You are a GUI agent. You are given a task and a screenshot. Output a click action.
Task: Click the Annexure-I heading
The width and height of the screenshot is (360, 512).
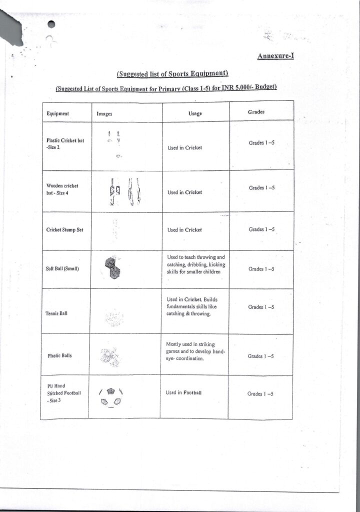click(x=275, y=56)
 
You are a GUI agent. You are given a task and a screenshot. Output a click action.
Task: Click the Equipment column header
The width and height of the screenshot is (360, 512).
click(x=57, y=113)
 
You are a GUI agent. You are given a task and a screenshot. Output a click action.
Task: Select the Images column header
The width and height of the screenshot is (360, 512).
click(x=104, y=114)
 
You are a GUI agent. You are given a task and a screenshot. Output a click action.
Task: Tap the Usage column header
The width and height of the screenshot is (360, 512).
click(x=195, y=113)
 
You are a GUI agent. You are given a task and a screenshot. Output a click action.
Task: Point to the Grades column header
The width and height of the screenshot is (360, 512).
click(x=256, y=112)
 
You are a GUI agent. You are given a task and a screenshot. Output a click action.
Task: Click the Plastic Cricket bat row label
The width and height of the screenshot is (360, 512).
click(x=65, y=144)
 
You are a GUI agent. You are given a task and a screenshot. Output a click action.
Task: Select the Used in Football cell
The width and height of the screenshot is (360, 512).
click(x=183, y=393)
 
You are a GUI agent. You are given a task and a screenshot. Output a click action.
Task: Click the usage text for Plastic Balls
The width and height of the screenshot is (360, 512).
click(x=195, y=351)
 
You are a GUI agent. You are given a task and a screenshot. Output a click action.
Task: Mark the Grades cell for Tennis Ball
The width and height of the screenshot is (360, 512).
click(x=261, y=307)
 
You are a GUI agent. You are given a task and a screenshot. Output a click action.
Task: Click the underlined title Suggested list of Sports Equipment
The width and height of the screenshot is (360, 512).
click(x=172, y=74)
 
